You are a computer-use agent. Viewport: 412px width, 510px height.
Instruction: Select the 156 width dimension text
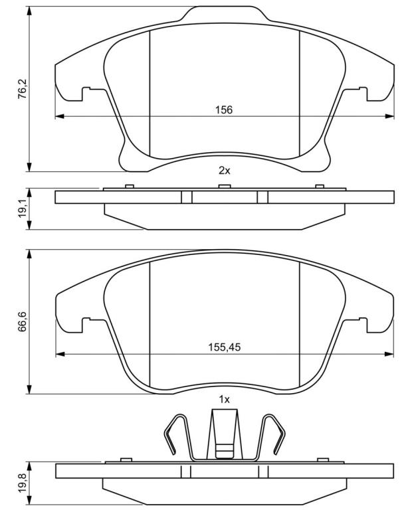(224, 110)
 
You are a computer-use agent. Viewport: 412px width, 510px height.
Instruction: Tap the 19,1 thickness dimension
(23, 209)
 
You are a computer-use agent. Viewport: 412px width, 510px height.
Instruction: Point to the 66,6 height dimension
(23, 321)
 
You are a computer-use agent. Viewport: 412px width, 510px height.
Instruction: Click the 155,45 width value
(224, 347)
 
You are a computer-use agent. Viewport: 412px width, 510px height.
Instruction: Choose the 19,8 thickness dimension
(23, 483)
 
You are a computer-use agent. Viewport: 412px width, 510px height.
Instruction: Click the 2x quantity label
(224, 170)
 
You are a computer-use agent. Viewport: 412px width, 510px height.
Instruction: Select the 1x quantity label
(224, 399)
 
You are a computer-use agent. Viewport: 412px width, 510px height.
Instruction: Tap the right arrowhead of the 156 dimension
(389, 116)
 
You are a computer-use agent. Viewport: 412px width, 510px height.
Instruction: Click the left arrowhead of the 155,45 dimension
(60, 354)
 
